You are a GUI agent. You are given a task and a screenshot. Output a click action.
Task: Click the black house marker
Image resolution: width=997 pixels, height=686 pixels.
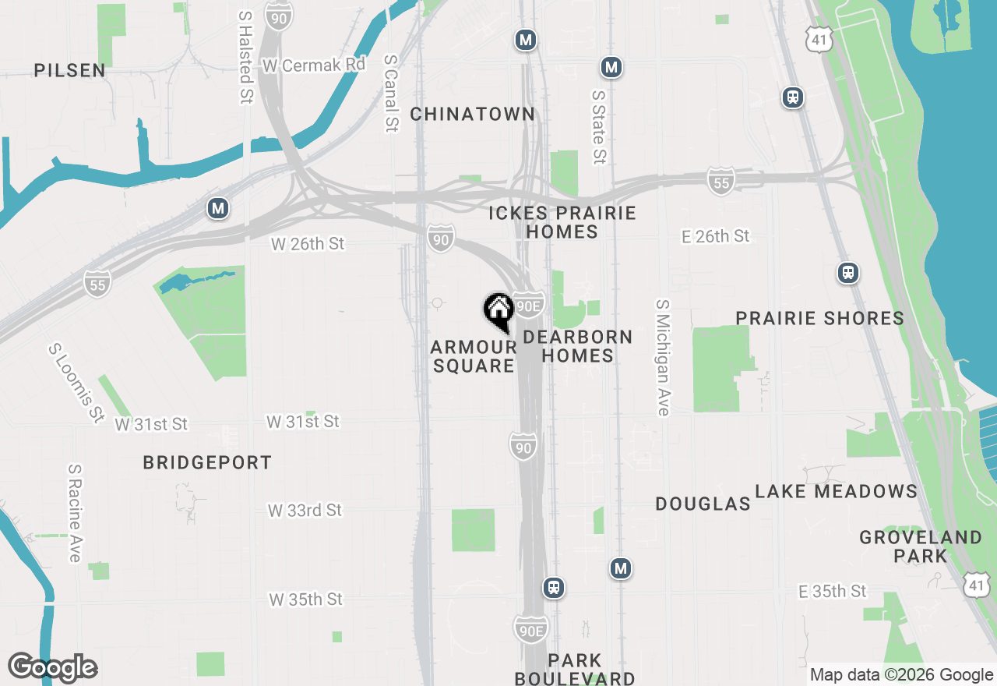click(498, 310)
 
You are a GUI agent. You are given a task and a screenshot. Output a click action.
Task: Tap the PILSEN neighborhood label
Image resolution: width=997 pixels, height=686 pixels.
click(69, 70)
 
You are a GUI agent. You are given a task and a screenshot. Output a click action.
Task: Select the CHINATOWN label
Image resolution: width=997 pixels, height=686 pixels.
click(472, 114)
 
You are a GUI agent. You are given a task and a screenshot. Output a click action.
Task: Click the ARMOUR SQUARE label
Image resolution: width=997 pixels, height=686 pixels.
click(473, 356)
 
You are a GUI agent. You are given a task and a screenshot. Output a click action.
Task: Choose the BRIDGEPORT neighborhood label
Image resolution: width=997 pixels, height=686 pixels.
click(207, 462)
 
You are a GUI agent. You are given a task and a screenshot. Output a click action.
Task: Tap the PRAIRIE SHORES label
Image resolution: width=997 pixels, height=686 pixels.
click(819, 318)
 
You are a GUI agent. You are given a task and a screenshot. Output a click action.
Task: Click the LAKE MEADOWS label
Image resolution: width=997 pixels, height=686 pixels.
click(836, 491)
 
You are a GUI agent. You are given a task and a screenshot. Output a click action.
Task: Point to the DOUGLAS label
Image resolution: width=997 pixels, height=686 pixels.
click(703, 504)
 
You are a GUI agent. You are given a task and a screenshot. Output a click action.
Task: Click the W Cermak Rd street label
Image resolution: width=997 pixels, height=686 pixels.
click(314, 65)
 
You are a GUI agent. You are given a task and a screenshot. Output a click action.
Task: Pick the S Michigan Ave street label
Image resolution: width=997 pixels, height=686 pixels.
click(663, 358)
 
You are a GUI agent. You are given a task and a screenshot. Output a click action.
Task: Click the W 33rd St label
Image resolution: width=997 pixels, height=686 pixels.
click(305, 511)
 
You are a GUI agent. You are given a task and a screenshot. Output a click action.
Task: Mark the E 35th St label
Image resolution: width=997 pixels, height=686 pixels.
click(832, 592)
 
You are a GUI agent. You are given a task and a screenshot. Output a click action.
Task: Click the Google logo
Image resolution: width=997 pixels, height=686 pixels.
click(52, 667)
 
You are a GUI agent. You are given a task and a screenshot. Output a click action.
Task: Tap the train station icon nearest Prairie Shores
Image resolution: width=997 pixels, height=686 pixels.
click(848, 273)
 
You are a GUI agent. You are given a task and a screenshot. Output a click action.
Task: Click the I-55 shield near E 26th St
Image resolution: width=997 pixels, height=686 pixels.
click(721, 182)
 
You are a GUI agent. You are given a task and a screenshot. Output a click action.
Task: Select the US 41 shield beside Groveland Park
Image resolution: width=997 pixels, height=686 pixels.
click(978, 585)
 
